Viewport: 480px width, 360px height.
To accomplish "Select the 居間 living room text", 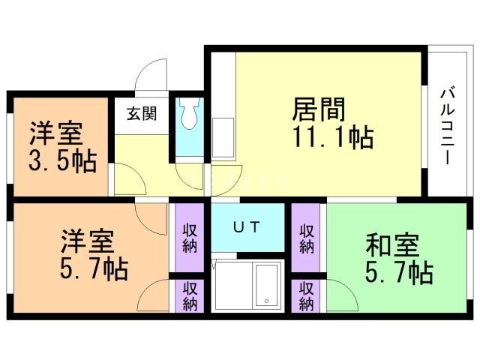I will (318, 109).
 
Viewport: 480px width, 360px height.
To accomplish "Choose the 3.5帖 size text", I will (63, 161).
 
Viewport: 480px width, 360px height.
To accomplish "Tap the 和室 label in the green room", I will (392, 245).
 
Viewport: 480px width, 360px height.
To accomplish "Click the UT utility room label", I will (246, 226).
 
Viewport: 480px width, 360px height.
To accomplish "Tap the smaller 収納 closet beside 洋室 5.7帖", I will (190, 295).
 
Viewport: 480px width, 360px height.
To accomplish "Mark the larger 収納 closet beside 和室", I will (306, 238).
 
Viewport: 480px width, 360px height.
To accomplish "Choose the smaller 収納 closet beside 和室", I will (306, 295).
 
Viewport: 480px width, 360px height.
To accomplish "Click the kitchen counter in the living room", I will (223, 139).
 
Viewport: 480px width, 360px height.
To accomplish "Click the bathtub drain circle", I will (265, 302).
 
